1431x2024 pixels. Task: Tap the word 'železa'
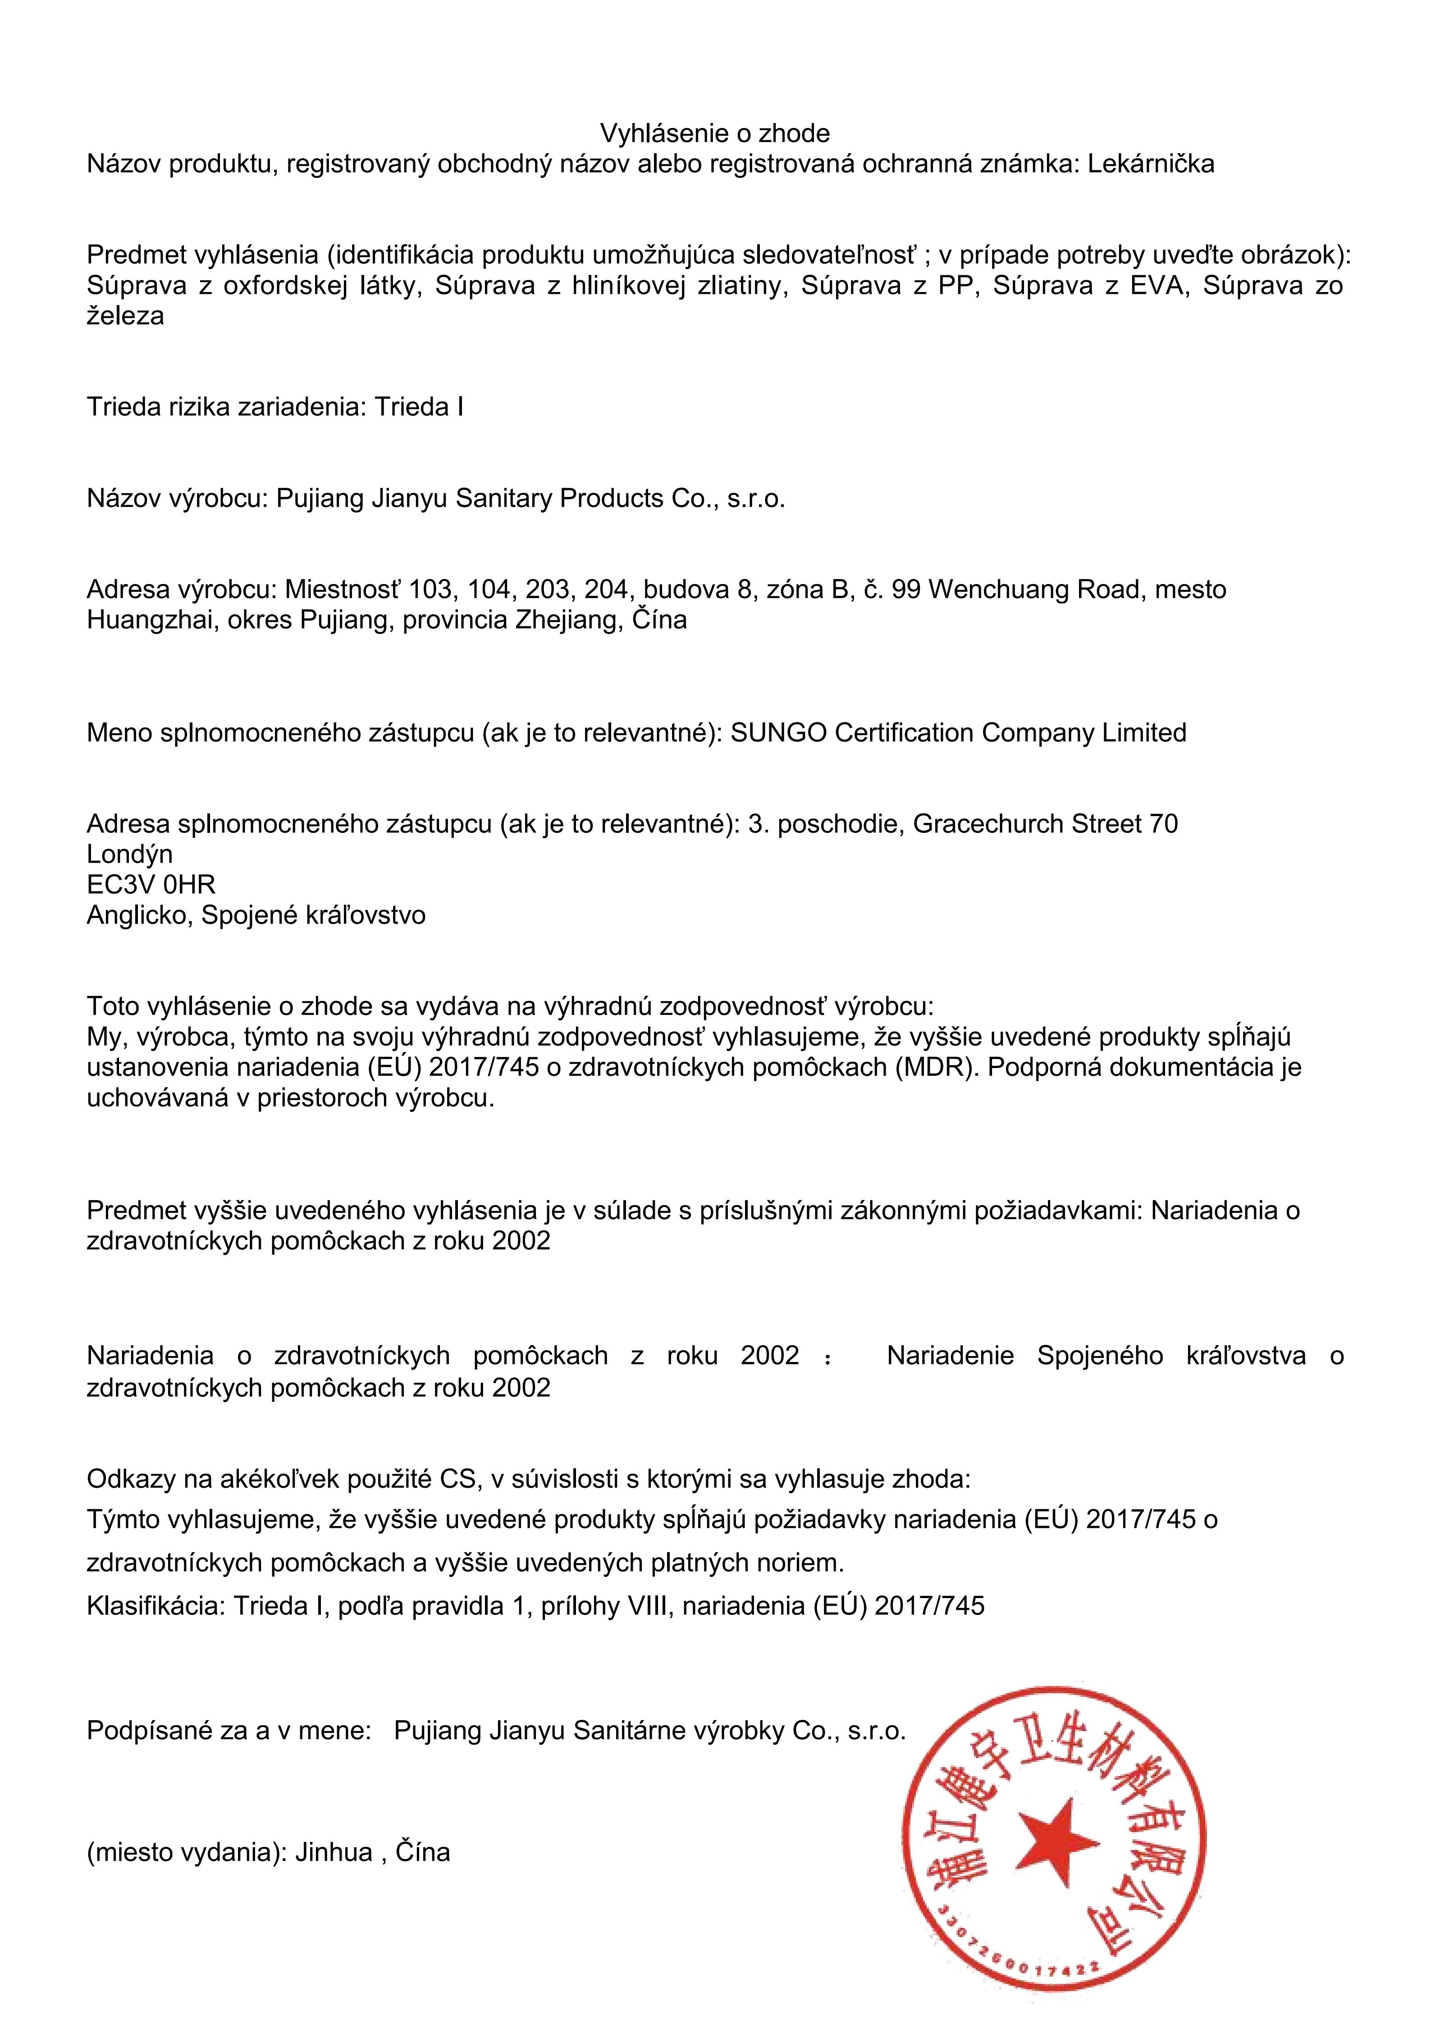[125, 316]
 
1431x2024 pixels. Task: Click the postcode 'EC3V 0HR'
[151, 884]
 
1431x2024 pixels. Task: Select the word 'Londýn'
[130, 854]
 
